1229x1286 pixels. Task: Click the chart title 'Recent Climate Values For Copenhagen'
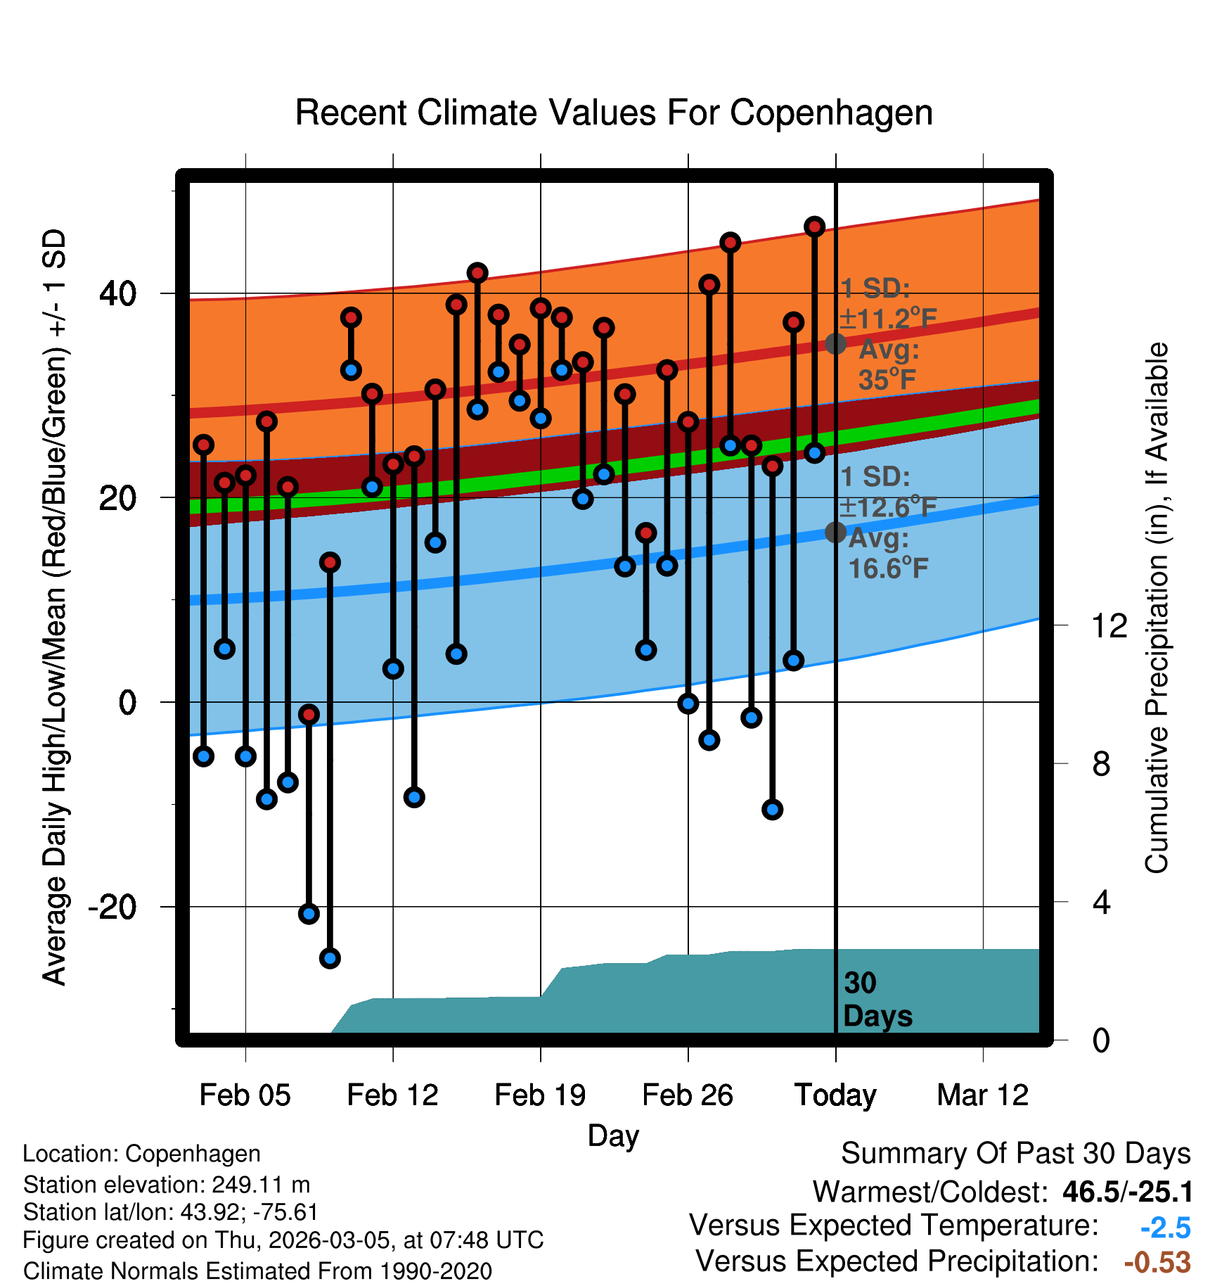[x=614, y=113]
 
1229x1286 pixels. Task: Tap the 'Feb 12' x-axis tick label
[x=392, y=1095]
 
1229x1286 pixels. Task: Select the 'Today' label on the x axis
[x=835, y=1095]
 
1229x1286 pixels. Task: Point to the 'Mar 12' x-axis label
[x=982, y=1095]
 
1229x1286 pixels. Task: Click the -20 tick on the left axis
[x=112, y=907]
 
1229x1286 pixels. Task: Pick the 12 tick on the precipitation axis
[x=1109, y=625]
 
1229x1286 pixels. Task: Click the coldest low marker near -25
[x=330, y=958]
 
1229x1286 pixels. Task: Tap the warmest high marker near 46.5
[x=814, y=227]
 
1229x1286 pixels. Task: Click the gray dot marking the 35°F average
[x=835, y=344]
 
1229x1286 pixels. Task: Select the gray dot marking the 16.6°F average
[x=835, y=532]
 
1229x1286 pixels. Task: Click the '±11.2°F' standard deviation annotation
[x=888, y=319]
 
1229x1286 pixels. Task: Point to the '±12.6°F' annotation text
[x=888, y=507]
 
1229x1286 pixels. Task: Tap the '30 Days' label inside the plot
[x=877, y=1000]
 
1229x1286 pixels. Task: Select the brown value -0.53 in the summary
[x=1157, y=1262]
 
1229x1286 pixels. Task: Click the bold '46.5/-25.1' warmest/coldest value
[x=1127, y=1192]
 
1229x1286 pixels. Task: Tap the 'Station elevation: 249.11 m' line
[x=167, y=1185]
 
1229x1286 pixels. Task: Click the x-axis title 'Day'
[x=613, y=1135]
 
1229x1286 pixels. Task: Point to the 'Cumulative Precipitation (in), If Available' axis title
[x=1157, y=608]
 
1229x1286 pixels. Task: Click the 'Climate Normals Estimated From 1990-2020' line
[x=257, y=1271]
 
